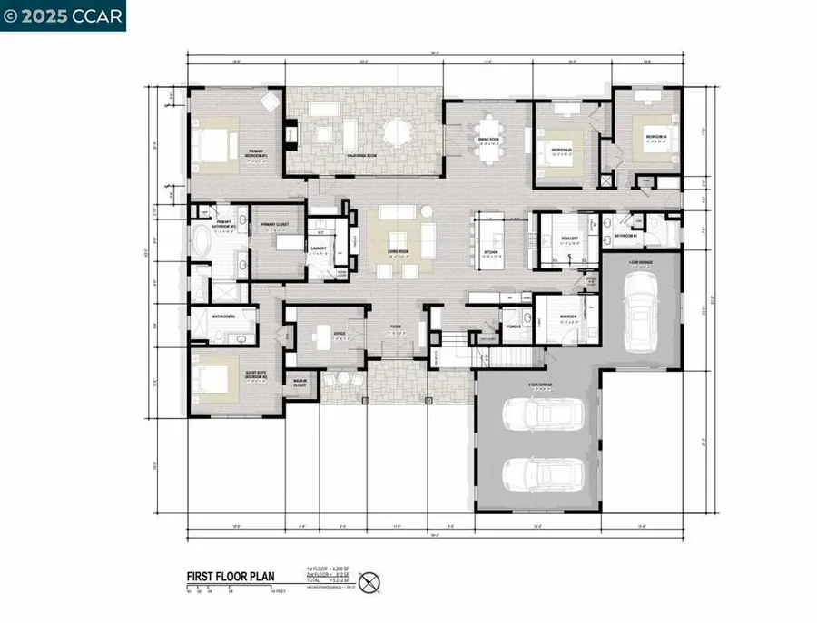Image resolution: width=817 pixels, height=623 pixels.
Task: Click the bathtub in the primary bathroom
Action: click(201, 245)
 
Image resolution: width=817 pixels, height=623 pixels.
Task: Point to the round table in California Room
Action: click(396, 133)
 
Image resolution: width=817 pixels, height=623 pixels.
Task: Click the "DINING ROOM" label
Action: click(490, 139)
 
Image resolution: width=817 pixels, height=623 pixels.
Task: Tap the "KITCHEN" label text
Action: click(489, 254)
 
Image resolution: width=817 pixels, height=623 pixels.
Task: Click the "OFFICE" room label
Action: click(339, 333)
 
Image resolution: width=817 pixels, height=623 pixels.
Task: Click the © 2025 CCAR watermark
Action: click(63, 15)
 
